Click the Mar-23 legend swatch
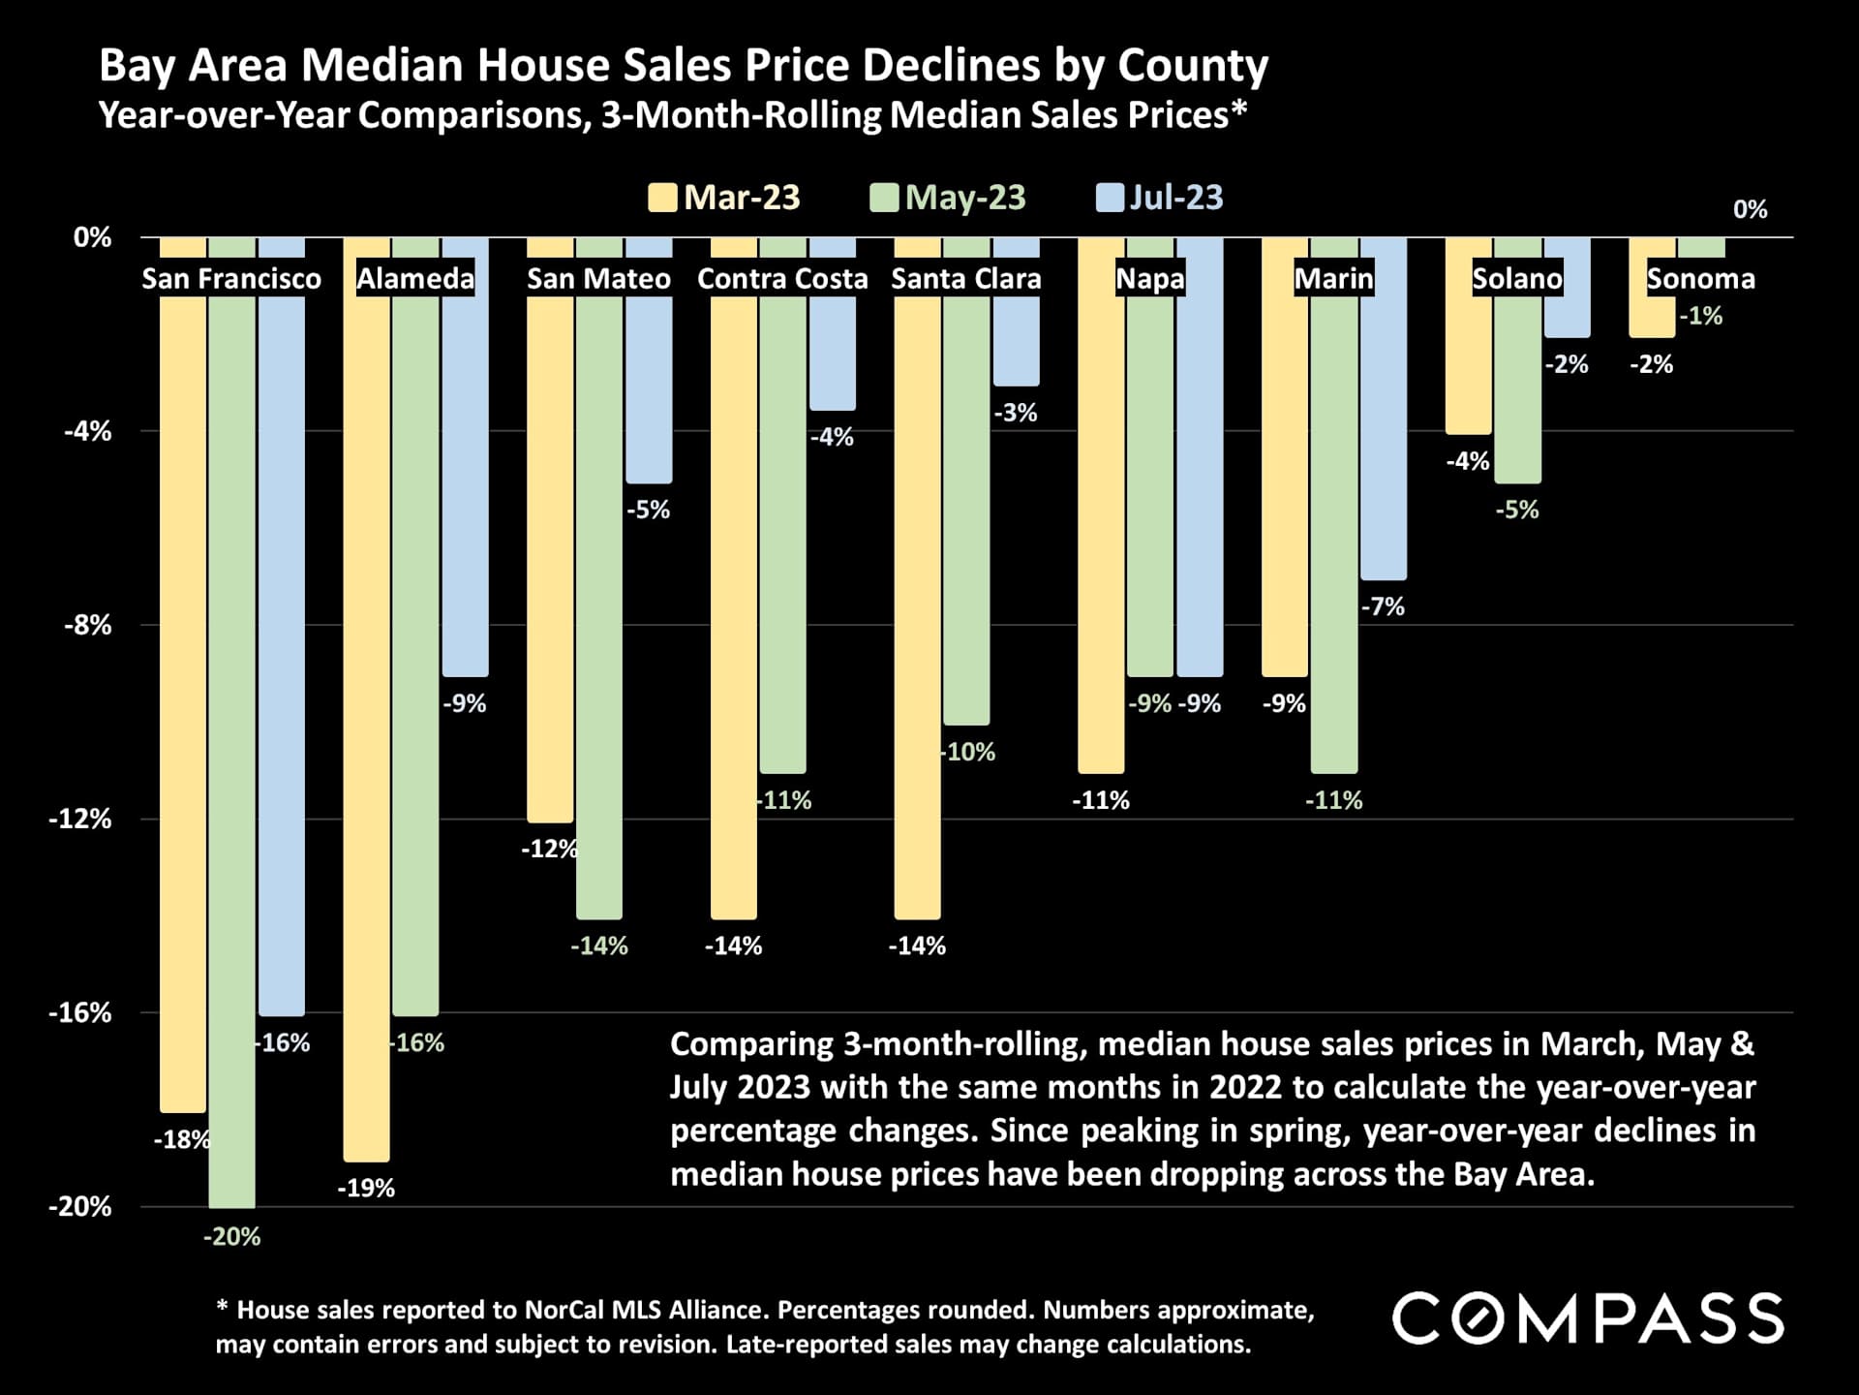[x=662, y=198]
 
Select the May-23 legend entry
[x=964, y=198]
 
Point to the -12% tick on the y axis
[x=80, y=819]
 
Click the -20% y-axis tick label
[x=80, y=1206]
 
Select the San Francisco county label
[x=231, y=279]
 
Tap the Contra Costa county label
[x=782, y=279]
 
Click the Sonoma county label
[x=1701, y=279]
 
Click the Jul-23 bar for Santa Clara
[x=1017, y=339]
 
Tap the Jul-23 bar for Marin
[x=1384, y=436]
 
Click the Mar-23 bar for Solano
[x=1469, y=368]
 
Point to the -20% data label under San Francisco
[x=232, y=1236]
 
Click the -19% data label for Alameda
[x=366, y=1188]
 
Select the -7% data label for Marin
[x=1383, y=606]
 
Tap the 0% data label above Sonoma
[x=1750, y=209]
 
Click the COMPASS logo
[x=1588, y=1318]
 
